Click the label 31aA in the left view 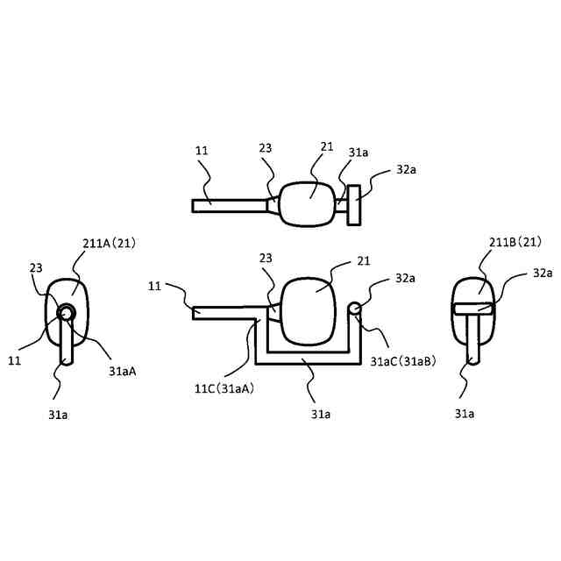tap(122, 371)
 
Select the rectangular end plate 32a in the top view tap(353, 205)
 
